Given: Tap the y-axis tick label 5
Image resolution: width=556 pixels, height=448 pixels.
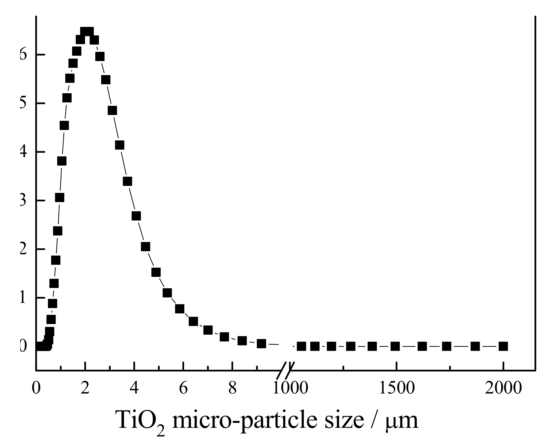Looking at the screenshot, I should (23, 104).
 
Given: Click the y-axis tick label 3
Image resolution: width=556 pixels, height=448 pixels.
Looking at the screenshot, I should (23, 201).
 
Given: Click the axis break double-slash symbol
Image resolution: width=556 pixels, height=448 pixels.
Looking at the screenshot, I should (285, 371).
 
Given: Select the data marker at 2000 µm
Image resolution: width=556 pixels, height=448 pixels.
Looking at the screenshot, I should (503, 346).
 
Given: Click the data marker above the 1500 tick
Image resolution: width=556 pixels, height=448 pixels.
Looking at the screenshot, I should (395, 346).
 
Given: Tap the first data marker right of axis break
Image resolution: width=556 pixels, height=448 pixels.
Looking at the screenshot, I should (301, 346).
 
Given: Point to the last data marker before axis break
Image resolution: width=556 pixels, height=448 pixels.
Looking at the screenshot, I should (261, 344).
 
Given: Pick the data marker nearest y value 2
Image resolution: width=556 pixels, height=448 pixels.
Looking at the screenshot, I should (146, 247).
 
